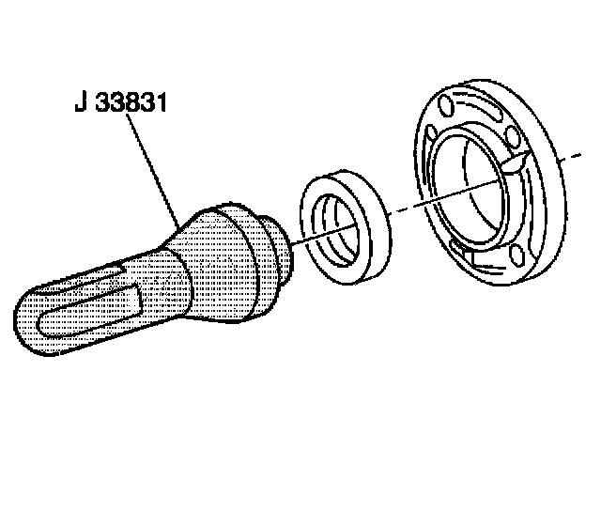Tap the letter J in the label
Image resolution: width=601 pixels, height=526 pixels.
click(x=79, y=102)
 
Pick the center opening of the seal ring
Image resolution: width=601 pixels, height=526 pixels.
click(x=338, y=229)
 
